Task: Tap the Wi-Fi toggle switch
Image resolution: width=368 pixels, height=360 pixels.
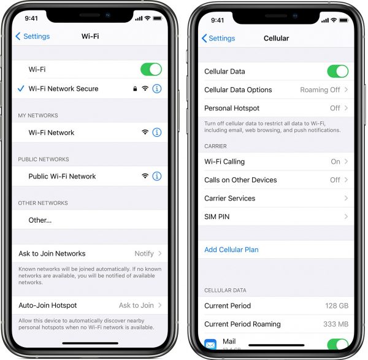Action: [x=151, y=69]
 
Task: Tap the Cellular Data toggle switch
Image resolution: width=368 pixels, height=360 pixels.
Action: [x=338, y=71]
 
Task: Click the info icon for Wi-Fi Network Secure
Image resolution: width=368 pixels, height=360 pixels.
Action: [x=157, y=89]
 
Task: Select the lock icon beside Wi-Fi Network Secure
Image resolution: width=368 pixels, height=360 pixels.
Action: [x=135, y=89]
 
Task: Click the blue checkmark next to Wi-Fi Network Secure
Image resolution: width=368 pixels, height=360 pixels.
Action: [x=21, y=89]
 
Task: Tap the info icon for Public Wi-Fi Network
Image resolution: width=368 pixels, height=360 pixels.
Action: [x=157, y=176]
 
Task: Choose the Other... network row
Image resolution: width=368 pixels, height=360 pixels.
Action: [x=40, y=220]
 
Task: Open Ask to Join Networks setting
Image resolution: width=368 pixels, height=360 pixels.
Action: [x=52, y=253]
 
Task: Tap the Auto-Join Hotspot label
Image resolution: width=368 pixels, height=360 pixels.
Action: [x=48, y=305]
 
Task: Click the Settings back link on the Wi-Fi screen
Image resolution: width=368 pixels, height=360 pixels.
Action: [x=33, y=36]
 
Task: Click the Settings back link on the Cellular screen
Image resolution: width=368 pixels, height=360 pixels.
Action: [x=218, y=38]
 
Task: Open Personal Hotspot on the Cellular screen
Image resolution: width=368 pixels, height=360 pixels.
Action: [x=232, y=108]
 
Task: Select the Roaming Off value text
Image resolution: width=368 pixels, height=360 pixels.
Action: [x=320, y=90]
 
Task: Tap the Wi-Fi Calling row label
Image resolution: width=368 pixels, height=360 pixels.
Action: [x=224, y=162]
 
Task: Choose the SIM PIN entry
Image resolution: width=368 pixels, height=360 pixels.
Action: [x=217, y=216]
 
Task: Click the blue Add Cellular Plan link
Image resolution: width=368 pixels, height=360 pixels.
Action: [x=231, y=250]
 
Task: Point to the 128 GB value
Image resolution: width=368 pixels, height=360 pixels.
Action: [x=337, y=305]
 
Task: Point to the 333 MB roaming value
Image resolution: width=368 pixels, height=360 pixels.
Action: [x=336, y=324]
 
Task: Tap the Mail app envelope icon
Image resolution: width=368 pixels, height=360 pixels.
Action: [x=210, y=344]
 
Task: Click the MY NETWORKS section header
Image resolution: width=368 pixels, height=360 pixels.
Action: [x=38, y=115]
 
